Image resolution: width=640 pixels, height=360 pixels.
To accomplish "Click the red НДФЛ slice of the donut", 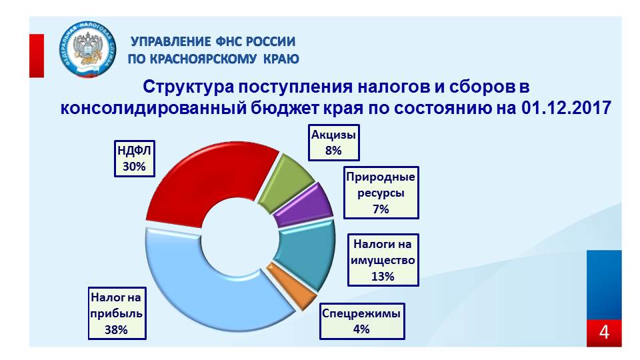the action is coord(196,179).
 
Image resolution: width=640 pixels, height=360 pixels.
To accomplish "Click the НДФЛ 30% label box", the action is coord(134,159).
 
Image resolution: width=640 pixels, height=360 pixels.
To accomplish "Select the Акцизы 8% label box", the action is coord(334,143).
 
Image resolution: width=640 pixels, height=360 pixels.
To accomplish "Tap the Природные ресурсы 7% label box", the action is coord(381,193).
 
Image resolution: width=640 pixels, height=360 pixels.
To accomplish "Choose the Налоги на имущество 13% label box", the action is coord(383,260).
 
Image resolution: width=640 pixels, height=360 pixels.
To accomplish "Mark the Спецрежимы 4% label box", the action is coord(362,321).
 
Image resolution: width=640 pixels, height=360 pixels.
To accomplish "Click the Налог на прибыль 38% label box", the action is coord(117,313).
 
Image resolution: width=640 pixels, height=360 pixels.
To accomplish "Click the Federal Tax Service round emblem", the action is coord(87,50).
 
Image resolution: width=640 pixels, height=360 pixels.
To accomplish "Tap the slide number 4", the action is coord(604,332).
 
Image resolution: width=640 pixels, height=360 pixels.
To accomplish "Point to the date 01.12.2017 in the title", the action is coord(566,108).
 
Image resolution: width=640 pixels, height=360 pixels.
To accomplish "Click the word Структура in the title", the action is coord(189,87).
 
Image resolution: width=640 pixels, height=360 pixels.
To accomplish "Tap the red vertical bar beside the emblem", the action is coord(36,56).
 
